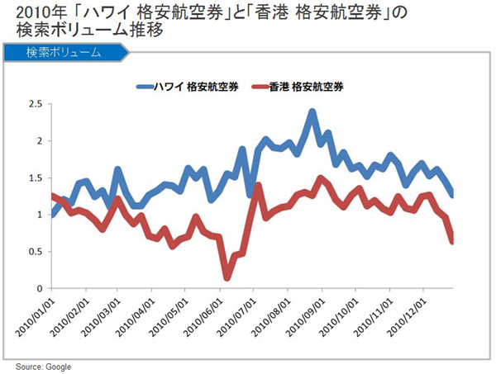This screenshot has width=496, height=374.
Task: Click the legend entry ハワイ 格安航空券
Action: coord(195,86)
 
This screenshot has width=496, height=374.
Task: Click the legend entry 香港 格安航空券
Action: coord(307,86)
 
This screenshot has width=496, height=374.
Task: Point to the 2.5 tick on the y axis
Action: coord(35,104)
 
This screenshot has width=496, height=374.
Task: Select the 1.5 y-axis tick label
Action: coord(35,178)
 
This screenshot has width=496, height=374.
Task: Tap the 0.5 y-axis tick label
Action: coord(35,252)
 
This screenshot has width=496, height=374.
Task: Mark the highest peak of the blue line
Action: coord(312,112)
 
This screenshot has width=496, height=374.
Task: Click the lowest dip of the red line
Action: coord(227,277)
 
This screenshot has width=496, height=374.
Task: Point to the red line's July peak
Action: coord(259,187)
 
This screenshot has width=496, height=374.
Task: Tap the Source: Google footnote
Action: coord(42,366)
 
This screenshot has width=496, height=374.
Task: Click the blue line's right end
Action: coord(452,195)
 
